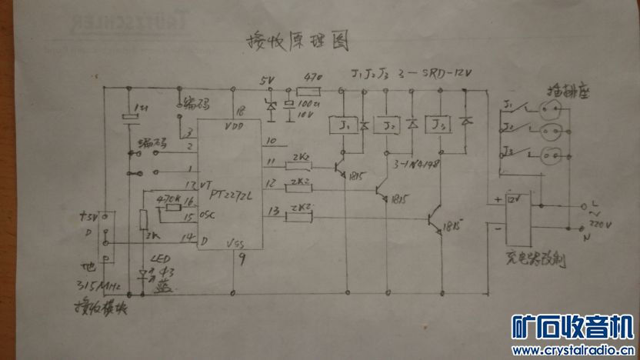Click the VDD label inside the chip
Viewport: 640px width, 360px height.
tap(234, 125)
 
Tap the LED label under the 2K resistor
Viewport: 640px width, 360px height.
tap(159, 259)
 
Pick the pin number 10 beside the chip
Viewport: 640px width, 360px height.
tap(269, 141)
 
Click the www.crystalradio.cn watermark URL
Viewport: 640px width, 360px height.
tap(573, 350)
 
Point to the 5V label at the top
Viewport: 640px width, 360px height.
tap(266, 80)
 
